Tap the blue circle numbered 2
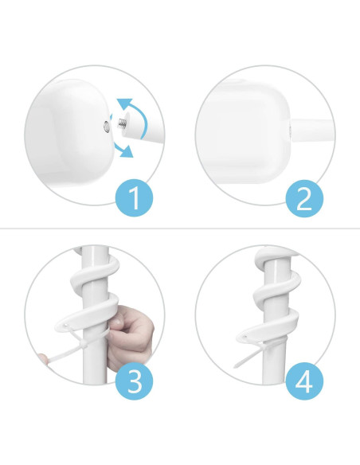point(303,197)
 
